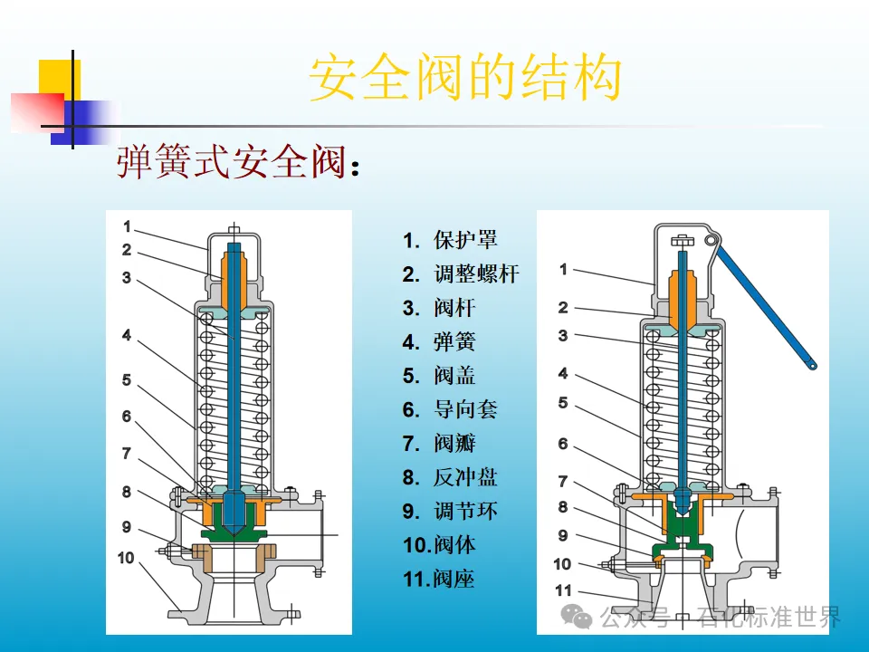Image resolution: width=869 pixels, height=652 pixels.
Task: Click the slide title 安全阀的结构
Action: (465, 79)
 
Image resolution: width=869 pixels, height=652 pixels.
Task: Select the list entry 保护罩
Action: (465, 240)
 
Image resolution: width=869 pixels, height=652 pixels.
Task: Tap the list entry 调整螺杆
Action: (476, 274)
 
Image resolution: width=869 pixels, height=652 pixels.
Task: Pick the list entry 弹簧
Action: (454, 342)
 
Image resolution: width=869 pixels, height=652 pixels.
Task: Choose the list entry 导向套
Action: (465, 409)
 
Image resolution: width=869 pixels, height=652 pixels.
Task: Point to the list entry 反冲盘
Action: (465, 477)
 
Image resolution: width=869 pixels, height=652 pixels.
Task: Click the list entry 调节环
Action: (465, 511)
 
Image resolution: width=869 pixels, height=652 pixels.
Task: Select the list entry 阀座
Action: (454, 579)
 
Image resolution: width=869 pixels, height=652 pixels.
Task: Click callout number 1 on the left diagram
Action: (128, 226)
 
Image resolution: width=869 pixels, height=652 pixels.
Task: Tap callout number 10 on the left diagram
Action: (126, 558)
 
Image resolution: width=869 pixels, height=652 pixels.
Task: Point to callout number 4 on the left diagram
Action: (127, 336)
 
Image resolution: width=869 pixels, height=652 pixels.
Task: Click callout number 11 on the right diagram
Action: (563, 590)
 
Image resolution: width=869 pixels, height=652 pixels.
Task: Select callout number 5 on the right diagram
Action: (563, 403)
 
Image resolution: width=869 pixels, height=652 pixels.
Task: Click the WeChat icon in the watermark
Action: (577, 618)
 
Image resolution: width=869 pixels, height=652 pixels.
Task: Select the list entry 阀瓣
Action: (454, 443)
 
